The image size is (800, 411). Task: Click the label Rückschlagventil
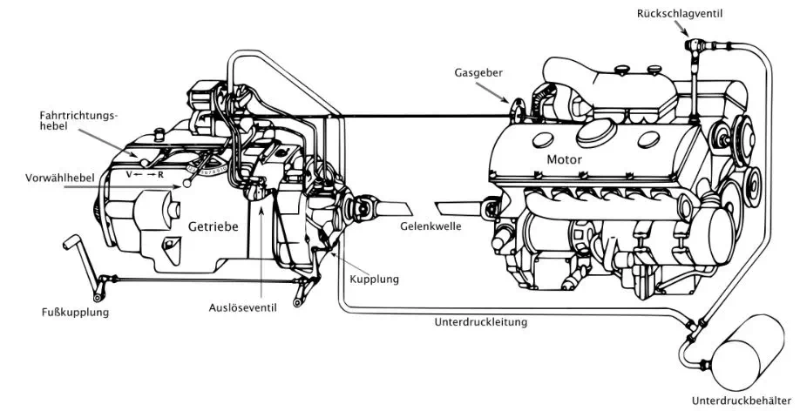tap(679, 14)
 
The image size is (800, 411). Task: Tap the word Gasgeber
tap(478, 72)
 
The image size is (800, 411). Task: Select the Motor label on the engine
tap(564, 159)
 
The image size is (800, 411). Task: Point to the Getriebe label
tap(214, 226)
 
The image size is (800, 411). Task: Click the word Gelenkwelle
tap(431, 226)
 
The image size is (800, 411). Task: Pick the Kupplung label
tap(375, 280)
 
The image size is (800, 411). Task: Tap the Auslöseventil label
tap(242, 308)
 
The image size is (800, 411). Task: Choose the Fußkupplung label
tap(75, 312)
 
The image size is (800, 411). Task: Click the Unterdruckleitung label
tap(481, 322)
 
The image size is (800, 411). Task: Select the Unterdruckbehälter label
tap(742, 401)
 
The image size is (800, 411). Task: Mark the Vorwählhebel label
tap(59, 178)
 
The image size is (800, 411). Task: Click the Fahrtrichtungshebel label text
tap(78, 121)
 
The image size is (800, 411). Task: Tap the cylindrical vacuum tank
tap(749, 353)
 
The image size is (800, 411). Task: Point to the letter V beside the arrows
tap(130, 174)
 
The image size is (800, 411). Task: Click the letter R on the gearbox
tap(160, 175)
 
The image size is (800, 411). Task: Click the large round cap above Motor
tap(596, 133)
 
